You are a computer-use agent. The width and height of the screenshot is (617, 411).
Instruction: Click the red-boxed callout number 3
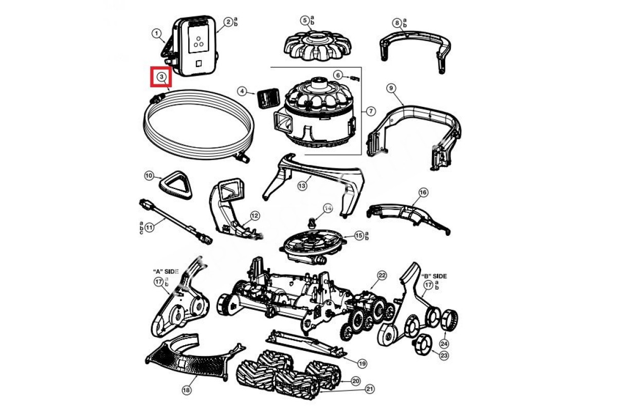pos(161,78)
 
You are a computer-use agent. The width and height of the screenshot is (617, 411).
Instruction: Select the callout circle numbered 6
pos(337,75)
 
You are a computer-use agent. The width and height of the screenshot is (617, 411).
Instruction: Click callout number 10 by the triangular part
pos(149,176)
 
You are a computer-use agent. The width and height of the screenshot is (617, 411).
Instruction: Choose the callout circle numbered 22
pos(382,275)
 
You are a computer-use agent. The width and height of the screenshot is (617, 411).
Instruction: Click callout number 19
pos(362,363)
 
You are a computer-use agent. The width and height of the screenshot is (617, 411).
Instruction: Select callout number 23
pos(444,354)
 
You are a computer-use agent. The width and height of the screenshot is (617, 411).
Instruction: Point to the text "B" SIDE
pos(434,276)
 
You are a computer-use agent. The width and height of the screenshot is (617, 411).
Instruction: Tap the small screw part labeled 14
pos(312,222)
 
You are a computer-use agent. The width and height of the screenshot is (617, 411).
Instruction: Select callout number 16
pos(423,192)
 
